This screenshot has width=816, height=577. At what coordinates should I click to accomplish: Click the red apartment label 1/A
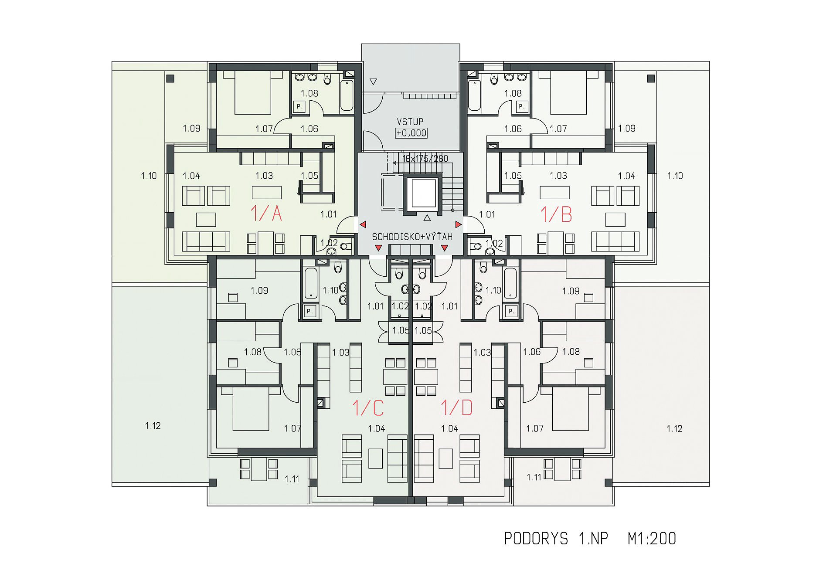point(266,214)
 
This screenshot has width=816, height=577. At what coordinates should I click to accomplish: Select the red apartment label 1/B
point(556,214)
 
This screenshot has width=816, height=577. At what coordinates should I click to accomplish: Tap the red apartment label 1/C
point(368,408)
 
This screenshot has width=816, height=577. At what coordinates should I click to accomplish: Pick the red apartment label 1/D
point(456,407)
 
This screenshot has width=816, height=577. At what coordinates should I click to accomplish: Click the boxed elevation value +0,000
point(411,133)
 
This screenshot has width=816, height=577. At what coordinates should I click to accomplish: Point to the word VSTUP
point(410,122)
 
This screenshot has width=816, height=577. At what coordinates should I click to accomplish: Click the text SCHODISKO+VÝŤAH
point(412,237)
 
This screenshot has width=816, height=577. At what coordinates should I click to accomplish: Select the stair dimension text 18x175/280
point(425,159)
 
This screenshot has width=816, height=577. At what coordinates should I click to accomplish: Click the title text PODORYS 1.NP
point(556,539)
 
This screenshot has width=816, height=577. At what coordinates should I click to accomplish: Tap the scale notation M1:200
point(652,539)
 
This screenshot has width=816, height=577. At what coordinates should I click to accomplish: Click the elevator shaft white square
point(424,193)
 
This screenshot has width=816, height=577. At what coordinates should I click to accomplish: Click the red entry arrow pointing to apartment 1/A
point(363,224)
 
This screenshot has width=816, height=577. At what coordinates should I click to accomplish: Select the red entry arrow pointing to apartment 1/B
point(458,224)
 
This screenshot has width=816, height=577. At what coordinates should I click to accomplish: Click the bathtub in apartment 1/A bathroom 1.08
point(347,95)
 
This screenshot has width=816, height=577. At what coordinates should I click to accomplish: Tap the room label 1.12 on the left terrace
point(153,425)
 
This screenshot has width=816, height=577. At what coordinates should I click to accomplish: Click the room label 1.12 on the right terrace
point(674,428)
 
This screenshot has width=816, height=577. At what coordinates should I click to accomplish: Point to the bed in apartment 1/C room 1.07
point(251,408)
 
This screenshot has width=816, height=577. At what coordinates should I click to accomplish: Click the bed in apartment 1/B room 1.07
point(568,92)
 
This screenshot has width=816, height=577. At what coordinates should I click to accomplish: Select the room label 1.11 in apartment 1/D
point(534,477)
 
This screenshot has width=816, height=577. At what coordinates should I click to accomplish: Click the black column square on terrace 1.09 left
point(170,78)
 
